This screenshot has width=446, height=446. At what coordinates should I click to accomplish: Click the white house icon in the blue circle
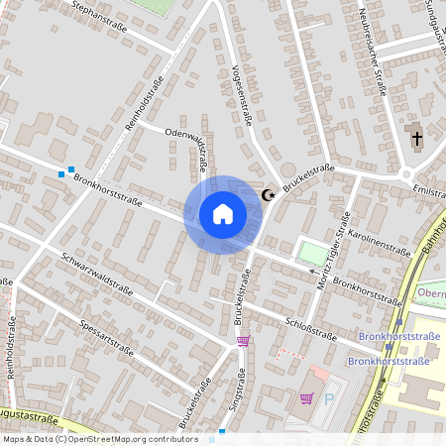223,214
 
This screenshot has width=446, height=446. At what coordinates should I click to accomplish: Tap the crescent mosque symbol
267,195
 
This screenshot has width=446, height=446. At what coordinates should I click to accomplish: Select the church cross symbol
417,138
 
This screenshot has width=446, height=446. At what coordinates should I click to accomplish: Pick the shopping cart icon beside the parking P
306,398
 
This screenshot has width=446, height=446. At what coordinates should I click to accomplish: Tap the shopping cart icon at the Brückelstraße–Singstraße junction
243,341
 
